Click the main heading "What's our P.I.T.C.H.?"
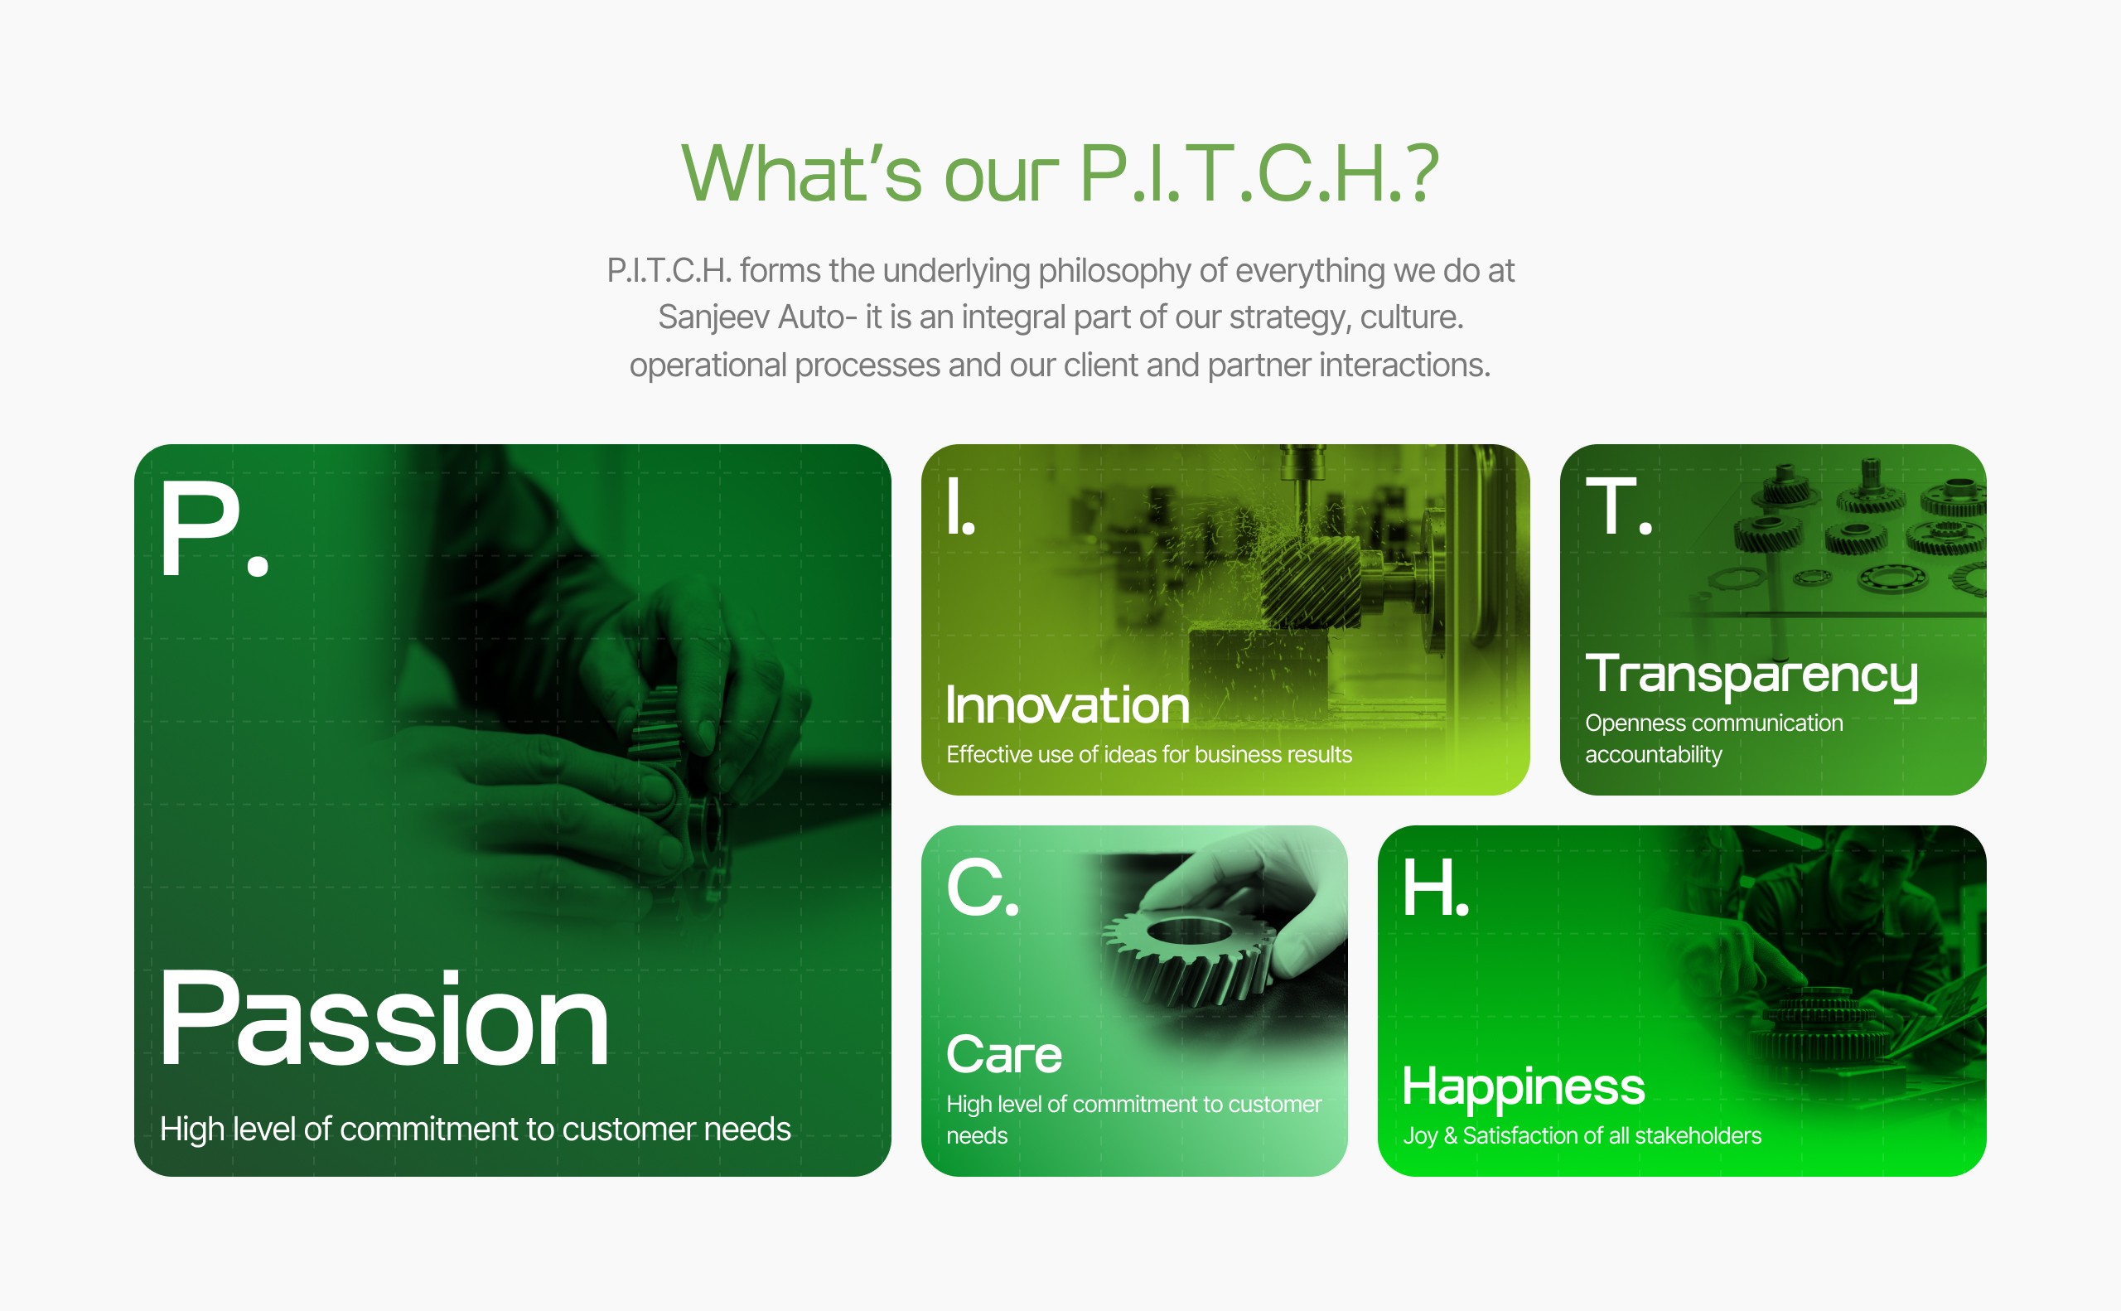pyautogui.click(x=1060, y=173)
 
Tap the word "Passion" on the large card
pyautogui.click(x=384, y=1018)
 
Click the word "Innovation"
pyautogui.click(x=1067, y=705)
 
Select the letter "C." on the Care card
pyautogui.click(x=982, y=887)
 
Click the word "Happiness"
pyautogui.click(x=1523, y=1087)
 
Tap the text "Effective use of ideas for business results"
pyautogui.click(x=1148, y=754)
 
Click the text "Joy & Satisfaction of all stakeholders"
pyautogui.click(x=1582, y=1135)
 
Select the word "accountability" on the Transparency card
pyautogui.click(x=1653, y=754)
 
